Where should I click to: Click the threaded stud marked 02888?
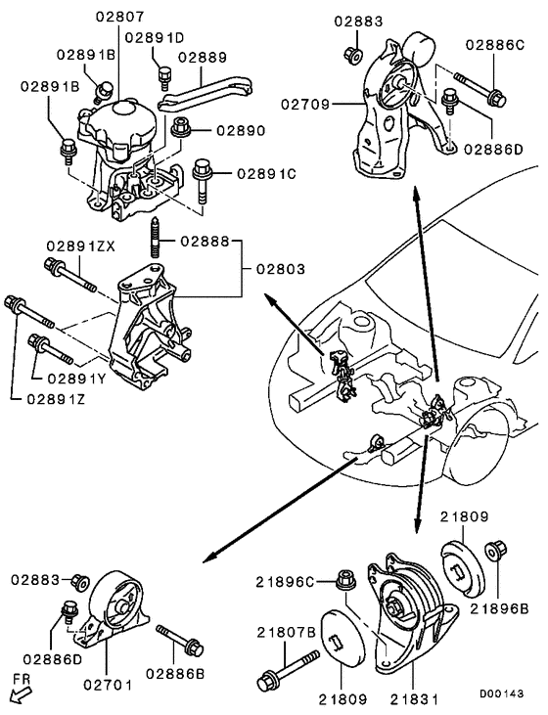pyautogui.click(x=156, y=240)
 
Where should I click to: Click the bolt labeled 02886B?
pyautogui.click(x=178, y=641)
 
